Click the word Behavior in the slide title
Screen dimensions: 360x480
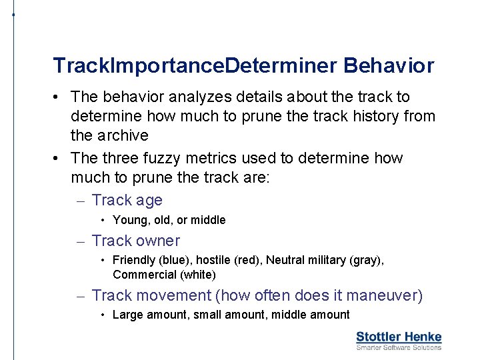(389, 66)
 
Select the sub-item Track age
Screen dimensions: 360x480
(127, 201)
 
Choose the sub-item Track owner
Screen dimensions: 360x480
(135, 241)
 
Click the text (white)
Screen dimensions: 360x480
(195, 275)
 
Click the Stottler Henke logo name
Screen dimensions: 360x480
(399, 337)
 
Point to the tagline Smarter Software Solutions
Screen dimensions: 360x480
(399, 347)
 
